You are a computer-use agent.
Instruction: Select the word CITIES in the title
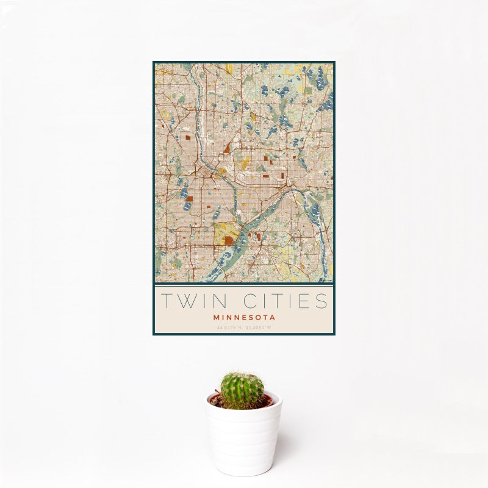285,301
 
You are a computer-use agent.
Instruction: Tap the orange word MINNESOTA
244,317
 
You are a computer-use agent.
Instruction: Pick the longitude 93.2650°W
259,328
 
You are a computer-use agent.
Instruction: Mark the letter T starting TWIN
166,301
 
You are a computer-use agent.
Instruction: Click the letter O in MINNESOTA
257,317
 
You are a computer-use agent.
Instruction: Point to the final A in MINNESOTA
273,317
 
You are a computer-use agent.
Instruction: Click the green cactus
242,390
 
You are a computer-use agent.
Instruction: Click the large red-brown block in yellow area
229,240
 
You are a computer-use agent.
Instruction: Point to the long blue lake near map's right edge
315,213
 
